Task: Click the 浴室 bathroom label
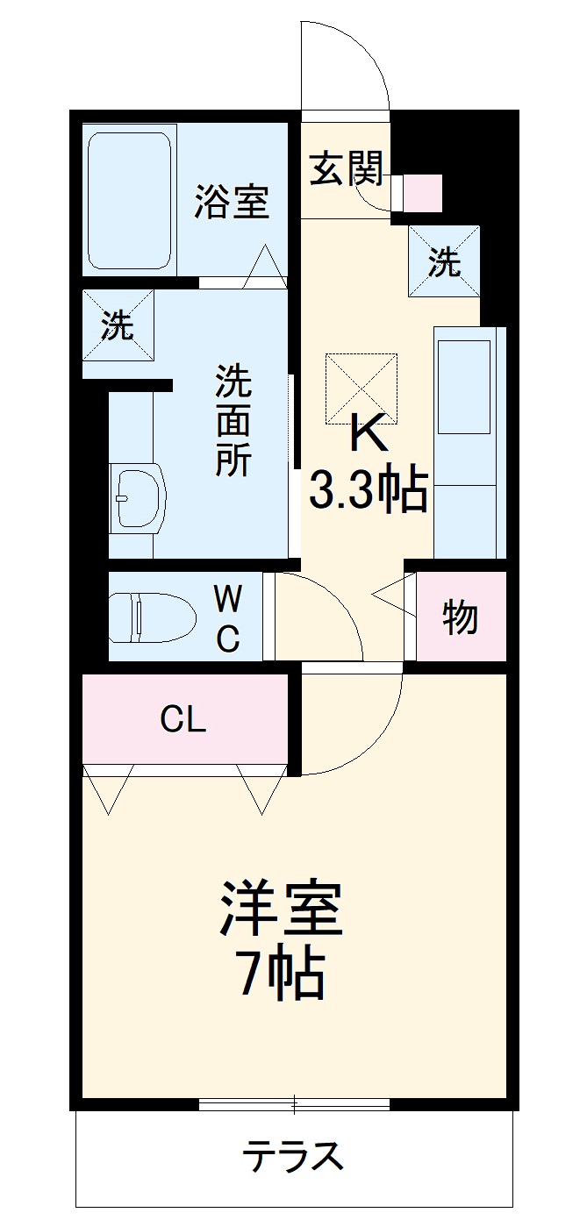[x=232, y=203]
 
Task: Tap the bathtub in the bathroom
[x=129, y=201]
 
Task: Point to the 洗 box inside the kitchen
[x=444, y=261]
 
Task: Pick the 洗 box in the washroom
[x=118, y=325]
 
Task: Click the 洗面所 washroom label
[x=233, y=421]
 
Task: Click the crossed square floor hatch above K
[x=361, y=389]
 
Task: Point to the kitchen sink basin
[x=463, y=386]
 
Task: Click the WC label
[x=227, y=617]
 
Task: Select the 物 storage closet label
[x=460, y=617]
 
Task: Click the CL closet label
[x=183, y=720]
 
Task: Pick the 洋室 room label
[x=281, y=910]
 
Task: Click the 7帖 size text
[x=281, y=974]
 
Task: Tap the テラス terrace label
[x=293, y=1157]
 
